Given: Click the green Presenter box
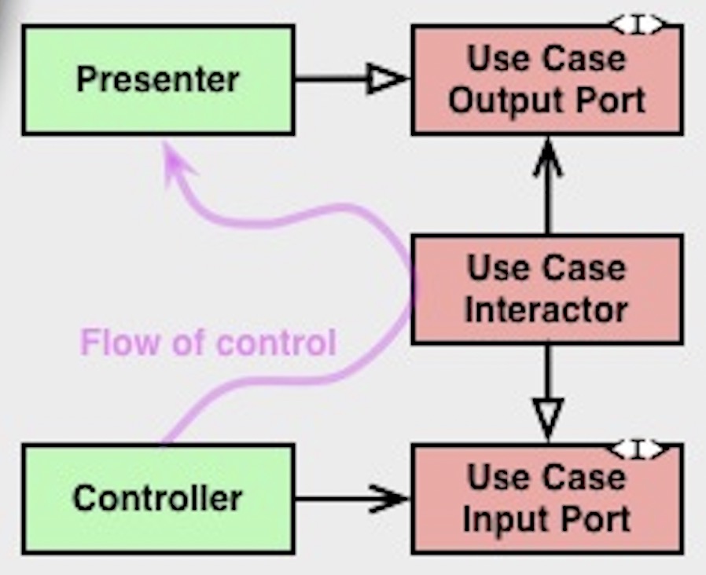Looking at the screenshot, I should [x=158, y=79].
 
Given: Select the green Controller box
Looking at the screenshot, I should [x=158, y=498].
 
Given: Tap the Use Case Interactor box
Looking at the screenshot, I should [x=546, y=289].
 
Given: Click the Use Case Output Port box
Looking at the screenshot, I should [x=546, y=79].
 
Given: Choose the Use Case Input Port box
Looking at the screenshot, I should [x=546, y=498].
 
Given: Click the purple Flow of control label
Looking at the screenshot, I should [x=208, y=343].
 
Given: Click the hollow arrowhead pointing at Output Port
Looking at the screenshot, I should [x=388, y=79].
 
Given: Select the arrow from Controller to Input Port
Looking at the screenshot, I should [x=346, y=498].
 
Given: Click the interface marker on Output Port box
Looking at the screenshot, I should [x=638, y=26].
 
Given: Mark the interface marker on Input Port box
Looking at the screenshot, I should [x=638, y=449].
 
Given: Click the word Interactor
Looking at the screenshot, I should [x=546, y=309].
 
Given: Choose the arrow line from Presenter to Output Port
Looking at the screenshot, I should [x=334, y=79].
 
